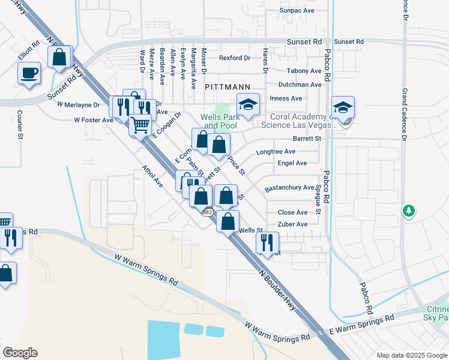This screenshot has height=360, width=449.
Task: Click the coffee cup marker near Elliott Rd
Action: tap(29, 74)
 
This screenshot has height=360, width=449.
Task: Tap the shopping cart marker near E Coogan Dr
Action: tap(140, 125)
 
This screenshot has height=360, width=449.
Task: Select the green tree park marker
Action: tap(408, 211)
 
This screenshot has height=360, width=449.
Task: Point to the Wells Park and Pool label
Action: tap(220, 121)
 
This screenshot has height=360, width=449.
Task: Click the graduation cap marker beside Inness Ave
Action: tap(248, 103)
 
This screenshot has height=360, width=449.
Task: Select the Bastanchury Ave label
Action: tap(289, 188)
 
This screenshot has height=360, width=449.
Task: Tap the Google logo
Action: tap(20, 353)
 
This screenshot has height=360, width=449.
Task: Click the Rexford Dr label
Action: tap(234, 58)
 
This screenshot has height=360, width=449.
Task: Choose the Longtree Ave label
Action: tap(276, 152)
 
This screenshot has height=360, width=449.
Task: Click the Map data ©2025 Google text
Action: tap(411, 355)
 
